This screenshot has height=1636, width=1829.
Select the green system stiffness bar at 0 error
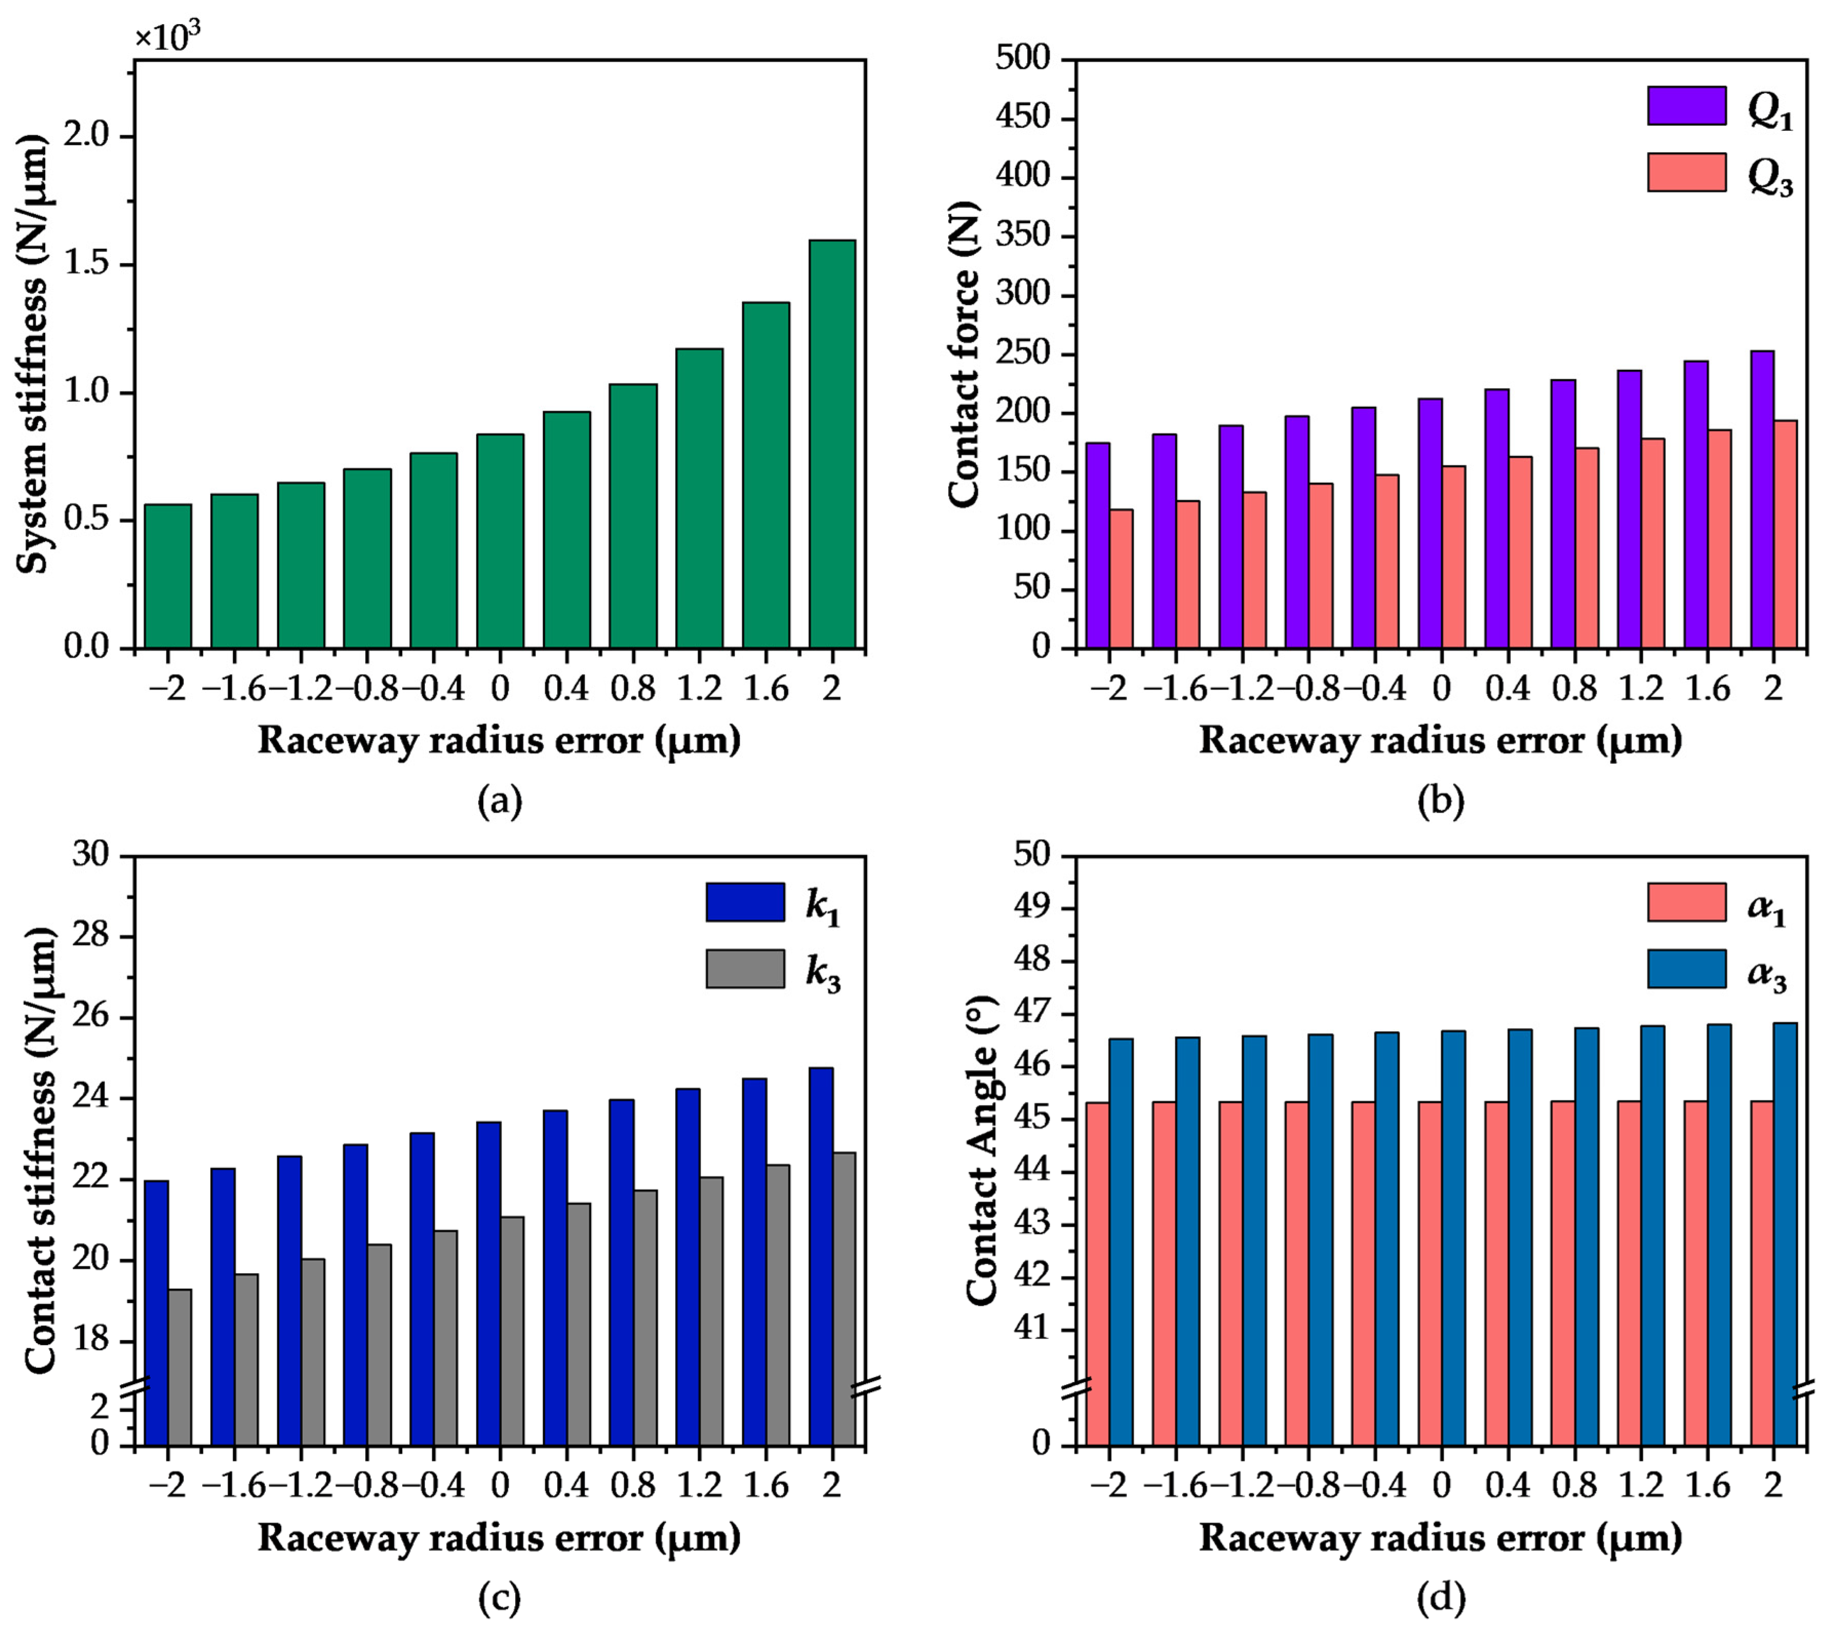point(500,541)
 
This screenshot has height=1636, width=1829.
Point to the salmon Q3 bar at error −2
point(1121,579)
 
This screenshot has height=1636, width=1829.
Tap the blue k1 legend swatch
point(745,901)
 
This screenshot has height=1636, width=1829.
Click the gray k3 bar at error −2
point(180,1367)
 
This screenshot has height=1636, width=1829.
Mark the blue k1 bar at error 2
point(820,1257)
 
